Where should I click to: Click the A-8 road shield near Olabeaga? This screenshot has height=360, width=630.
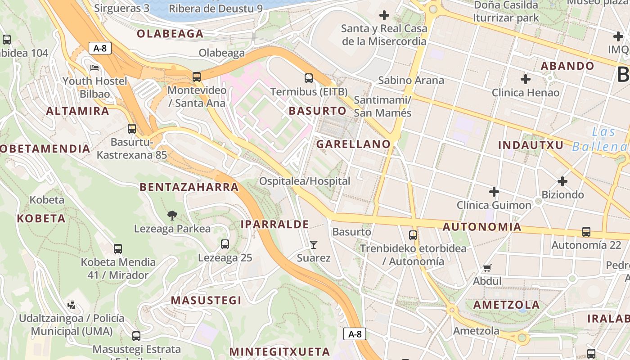pos(100,48)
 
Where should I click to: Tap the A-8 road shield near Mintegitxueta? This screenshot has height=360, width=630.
pos(355,334)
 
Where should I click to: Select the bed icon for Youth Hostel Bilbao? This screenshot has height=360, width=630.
pos(95,68)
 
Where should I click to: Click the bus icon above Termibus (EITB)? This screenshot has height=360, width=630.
pos(309,78)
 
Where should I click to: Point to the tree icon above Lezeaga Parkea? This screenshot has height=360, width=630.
pos(172,216)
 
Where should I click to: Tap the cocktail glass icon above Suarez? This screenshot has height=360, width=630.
pos(314,245)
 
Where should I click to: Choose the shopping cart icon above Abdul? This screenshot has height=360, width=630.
pos(487,268)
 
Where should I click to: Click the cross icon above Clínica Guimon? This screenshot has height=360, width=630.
pos(494,192)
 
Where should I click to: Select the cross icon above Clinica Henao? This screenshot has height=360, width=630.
pos(525,80)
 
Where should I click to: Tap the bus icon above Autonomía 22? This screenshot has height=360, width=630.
pos(586,232)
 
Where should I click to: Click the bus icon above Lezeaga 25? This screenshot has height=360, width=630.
pos(225,244)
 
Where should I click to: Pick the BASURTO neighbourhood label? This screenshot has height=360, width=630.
pos(318,111)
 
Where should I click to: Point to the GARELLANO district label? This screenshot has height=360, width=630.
pos(353,144)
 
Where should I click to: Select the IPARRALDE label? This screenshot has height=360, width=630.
pos(274,224)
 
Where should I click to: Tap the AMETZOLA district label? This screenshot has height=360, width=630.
pos(506,305)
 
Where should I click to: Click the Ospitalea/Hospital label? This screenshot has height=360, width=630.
pos(305,181)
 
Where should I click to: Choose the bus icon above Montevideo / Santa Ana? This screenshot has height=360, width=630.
pos(197,77)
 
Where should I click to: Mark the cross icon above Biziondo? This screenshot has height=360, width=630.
pos(562,181)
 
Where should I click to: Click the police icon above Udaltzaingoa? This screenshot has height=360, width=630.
pos(71,306)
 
